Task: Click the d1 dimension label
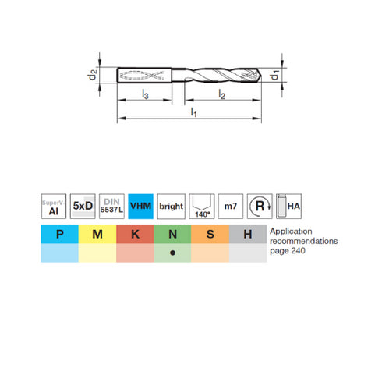pos(274,76)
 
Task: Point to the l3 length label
pos(146,94)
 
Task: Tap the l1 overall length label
pos(192,113)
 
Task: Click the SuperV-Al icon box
pos(51,206)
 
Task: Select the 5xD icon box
pos(82,206)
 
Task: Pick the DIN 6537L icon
pos(111,206)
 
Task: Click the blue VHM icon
pos(141,206)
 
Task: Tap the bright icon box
pos(171,206)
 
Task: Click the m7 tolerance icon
pos(230,206)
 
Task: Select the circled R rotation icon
pos(260,206)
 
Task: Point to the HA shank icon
pos(289,206)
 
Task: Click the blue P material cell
pos(59,233)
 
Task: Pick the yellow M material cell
pos(97,233)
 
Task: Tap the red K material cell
pos(136,233)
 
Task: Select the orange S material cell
pos(211,233)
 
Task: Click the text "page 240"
pos(289,252)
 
